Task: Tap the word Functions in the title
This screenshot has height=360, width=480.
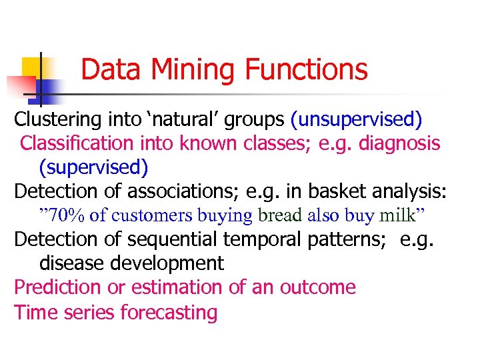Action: click(307, 69)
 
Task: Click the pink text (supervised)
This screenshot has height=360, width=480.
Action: click(93, 166)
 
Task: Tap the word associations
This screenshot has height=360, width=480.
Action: click(183, 191)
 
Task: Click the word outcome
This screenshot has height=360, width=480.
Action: click(317, 287)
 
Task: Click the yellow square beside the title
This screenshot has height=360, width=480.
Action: click(32, 67)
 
